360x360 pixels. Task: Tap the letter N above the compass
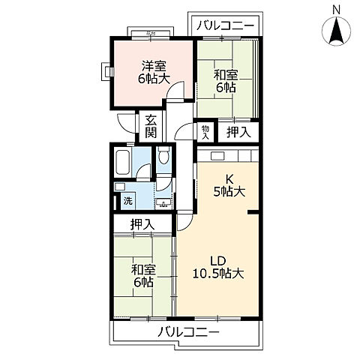tap(336, 8)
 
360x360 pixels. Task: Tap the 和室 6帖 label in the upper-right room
tap(226, 80)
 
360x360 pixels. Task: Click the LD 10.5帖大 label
tap(218, 266)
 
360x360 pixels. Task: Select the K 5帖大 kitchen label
tap(228, 184)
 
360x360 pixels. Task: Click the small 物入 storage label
tap(205, 132)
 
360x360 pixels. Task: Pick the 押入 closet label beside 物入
tap(239, 133)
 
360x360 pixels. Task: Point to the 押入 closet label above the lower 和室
tap(142, 223)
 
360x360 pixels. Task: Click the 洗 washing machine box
tap(127, 201)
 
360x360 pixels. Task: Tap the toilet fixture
tap(164, 157)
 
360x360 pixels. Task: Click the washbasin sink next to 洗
tap(160, 201)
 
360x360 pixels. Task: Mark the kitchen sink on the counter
tap(217, 155)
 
